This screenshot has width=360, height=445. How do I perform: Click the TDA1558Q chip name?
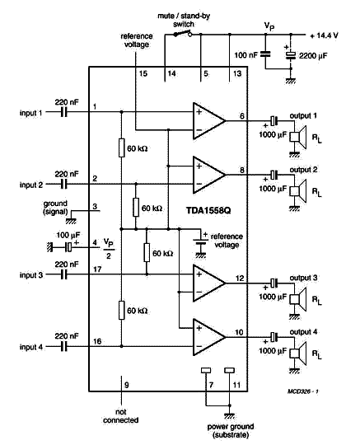tap(208, 210)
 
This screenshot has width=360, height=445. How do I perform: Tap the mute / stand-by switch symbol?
tap(182, 34)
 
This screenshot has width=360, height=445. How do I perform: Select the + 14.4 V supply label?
tap(324, 35)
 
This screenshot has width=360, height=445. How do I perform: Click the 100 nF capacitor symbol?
tap(265, 54)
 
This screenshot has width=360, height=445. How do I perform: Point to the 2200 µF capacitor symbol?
tap(291, 55)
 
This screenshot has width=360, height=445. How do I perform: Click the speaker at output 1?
tap(298, 137)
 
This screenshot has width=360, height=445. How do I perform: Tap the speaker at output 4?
tap(298, 354)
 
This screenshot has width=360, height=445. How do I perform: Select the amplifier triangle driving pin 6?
tap(209, 121)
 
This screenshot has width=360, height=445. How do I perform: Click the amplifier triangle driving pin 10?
tap(209, 337)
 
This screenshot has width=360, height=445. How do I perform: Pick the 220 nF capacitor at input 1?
tap(64, 112)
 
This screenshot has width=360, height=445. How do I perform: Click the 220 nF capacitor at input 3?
tap(64, 274)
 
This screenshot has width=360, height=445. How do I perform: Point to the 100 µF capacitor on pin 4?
tap(69, 247)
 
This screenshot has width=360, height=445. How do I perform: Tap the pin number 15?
tap(143, 73)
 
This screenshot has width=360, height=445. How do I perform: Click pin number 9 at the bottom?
tap(127, 385)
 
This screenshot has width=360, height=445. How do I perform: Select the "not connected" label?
tap(121, 416)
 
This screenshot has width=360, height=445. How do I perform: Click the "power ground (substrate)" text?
tap(231, 430)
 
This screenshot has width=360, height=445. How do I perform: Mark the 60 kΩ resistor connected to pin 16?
tap(121, 311)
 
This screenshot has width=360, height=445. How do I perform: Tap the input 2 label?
tap(31, 185)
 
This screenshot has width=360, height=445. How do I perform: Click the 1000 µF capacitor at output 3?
tap(274, 283)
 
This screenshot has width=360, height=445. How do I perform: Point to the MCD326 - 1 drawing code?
tap(303, 391)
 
